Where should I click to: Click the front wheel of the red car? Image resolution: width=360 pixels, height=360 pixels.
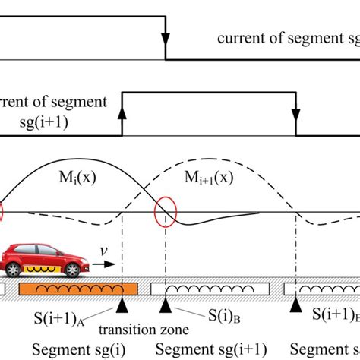pos(71,270)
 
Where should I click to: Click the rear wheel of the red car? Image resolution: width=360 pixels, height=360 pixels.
pos(16,270)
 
